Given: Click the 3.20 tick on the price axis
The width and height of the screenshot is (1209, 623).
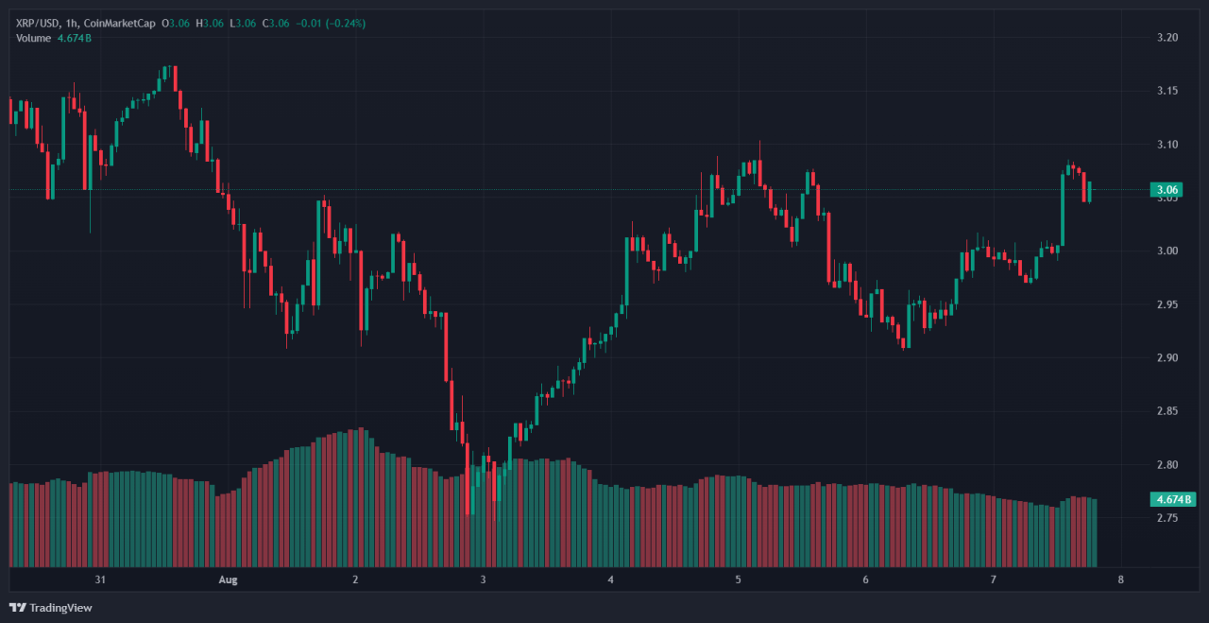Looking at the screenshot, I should point(1167,38).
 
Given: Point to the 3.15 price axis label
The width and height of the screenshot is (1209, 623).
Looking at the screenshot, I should point(1167,91).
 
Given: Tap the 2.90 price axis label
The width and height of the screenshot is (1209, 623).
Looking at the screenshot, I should point(1167,358).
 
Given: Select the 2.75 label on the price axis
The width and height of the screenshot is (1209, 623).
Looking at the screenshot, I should point(1167,518).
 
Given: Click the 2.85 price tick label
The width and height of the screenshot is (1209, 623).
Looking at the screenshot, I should point(1167,411).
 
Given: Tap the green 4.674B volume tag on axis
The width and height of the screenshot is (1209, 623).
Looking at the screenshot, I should point(1172,498).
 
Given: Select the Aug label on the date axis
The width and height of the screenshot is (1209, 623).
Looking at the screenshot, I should point(228,580).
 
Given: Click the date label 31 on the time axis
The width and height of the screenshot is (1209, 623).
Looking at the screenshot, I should point(99,580).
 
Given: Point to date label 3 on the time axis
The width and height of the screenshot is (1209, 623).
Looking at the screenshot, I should point(483,580).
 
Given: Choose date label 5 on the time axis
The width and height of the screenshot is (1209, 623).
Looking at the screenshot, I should point(738,580).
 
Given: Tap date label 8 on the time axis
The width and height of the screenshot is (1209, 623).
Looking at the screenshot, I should point(1120,580).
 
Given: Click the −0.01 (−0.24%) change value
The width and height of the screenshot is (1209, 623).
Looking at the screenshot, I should point(332,23).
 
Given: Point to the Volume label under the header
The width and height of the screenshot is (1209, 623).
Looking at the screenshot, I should point(34,38).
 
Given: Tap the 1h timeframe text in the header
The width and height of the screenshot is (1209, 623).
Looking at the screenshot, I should point(75,23).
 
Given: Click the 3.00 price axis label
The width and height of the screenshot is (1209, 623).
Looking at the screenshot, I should point(1167,251).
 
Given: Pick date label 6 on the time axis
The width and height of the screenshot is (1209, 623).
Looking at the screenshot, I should point(865,580).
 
